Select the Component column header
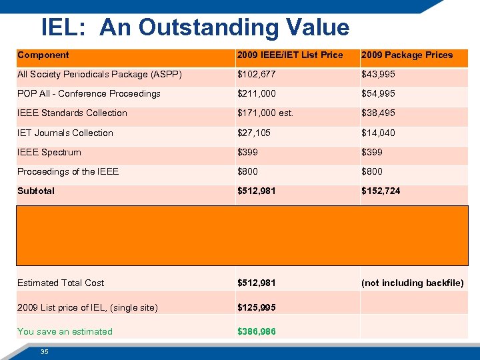point(43,55)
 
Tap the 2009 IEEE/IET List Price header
point(290,55)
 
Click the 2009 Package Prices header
point(407,55)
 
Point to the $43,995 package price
point(378,75)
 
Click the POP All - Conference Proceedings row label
point(89,94)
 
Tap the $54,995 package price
point(378,94)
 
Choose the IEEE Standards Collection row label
point(72,113)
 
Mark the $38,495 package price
point(378,113)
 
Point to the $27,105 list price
point(254,133)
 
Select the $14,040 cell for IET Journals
point(378,133)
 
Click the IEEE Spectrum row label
point(49,153)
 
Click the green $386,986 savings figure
point(257,332)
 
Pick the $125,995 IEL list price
point(257,308)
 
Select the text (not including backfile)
point(412,283)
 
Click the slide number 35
point(44,351)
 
